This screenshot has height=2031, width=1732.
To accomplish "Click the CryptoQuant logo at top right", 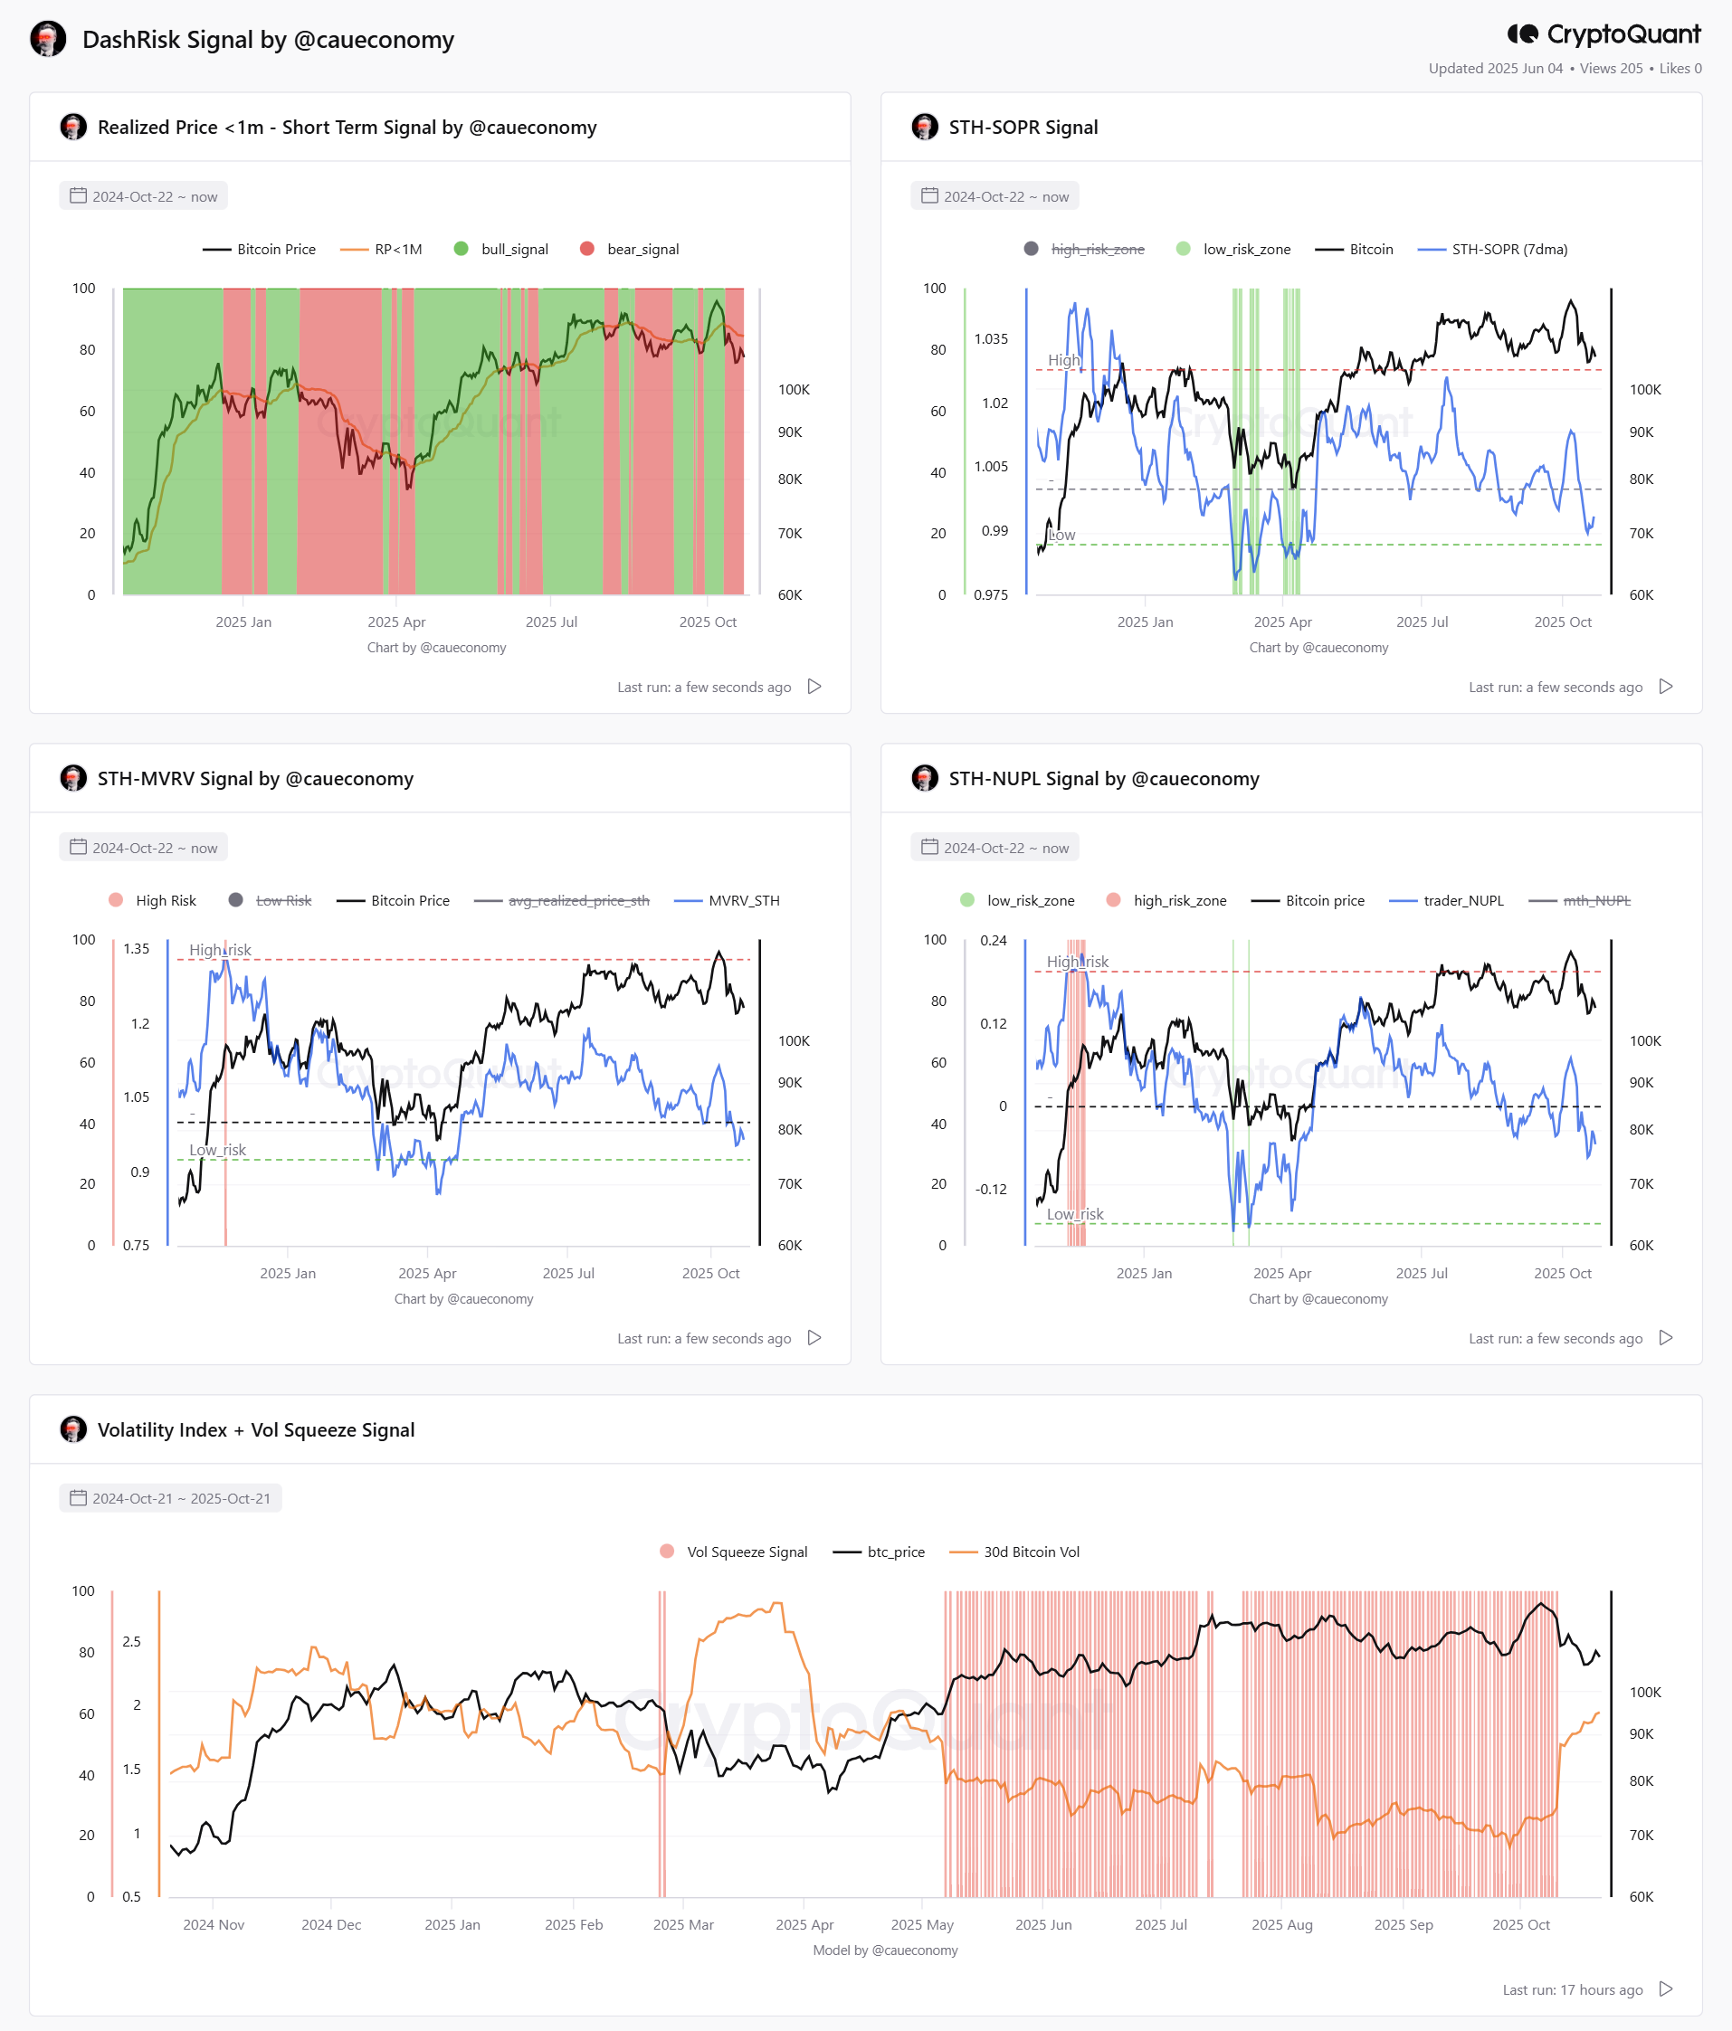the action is click(1604, 34).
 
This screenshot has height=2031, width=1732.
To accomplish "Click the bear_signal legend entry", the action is click(629, 249).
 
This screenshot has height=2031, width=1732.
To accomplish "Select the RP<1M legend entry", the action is click(381, 249).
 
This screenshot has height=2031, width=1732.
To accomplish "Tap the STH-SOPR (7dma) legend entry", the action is click(1493, 249).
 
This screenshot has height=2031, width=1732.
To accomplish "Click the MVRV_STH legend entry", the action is click(728, 900).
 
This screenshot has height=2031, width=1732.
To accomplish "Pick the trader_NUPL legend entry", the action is click(1447, 900).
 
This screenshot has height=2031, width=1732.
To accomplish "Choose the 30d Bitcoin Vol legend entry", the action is click(1014, 1552).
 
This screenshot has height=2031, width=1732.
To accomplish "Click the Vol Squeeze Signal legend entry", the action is click(734, 1552).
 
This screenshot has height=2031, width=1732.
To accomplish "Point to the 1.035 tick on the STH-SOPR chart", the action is click(991, 339).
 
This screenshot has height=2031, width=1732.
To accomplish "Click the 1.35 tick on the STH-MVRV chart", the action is click(137, 949).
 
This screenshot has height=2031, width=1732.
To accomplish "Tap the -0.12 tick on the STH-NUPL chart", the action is click(991, 1189).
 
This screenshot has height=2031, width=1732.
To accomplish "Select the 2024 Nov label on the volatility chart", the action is click(214, 1924).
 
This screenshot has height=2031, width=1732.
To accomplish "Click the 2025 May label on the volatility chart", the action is click(922, 1924).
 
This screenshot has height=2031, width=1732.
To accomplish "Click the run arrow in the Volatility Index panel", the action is click(1665, 1988).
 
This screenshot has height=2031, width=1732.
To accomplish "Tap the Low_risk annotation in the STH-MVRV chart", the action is click(217, 1150).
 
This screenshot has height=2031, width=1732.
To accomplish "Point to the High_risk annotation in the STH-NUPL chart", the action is click(1077, 962).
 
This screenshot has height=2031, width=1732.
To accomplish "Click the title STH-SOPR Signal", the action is click(1023, 128).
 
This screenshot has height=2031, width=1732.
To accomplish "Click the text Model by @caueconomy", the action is click(885, 1950).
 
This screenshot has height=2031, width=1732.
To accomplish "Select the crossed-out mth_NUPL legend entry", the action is click(1580, 900).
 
